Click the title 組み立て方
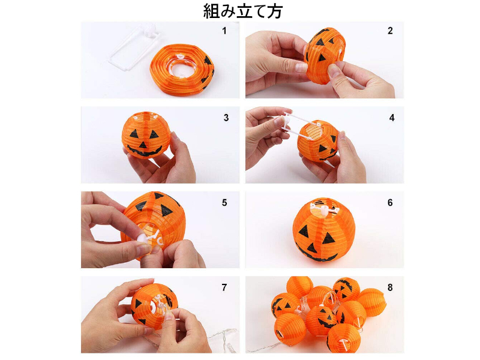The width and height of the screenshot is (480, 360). pos(243,11)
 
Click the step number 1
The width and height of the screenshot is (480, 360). pos(224,31)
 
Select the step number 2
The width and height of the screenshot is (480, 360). pos(390,31)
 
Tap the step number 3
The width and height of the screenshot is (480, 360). pos(226,118)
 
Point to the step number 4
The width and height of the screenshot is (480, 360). pos(392,118)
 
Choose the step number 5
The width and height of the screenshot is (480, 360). pos(224,203)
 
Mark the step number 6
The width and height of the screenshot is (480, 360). pos(390,203)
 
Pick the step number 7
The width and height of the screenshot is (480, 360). pos(224,287)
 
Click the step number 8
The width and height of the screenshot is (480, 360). pos(390,287)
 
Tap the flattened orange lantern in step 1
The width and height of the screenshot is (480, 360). pos(182,69)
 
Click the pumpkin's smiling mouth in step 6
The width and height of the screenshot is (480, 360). pos(316,253)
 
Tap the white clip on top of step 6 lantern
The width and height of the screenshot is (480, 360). pos(323,209)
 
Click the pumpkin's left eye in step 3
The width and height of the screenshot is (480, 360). pos(134,134)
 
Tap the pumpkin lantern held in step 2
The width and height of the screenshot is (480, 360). pos(325,55)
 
